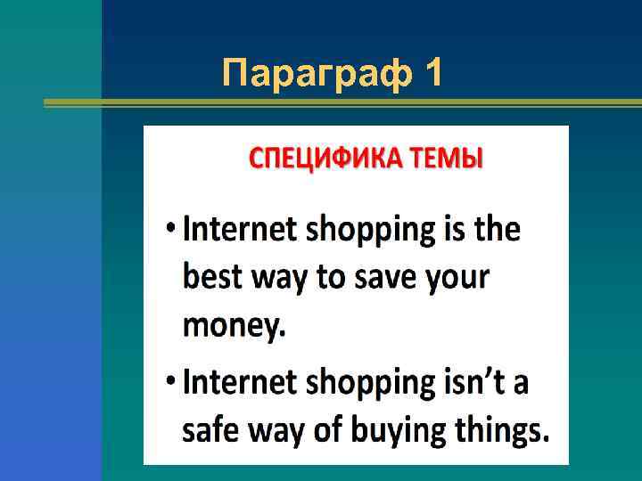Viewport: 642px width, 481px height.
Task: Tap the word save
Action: point(383,279)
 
